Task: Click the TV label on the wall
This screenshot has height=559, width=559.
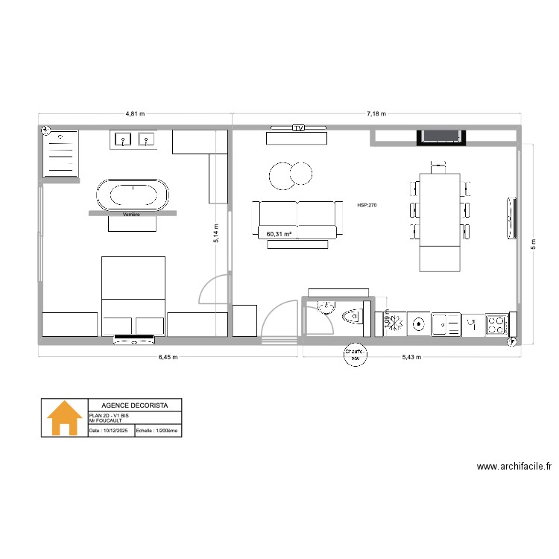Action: point(298,128)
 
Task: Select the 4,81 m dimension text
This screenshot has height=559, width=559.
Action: point(135,114)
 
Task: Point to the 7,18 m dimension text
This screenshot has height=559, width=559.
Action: point(376,114)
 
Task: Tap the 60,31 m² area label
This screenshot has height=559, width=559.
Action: point(278,234)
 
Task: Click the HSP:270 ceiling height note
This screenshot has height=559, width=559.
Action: point(367,204)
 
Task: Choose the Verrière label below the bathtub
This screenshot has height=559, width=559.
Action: point(133,215)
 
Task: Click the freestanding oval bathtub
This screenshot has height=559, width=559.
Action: point(133,195)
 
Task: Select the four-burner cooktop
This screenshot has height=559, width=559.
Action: point(496,324)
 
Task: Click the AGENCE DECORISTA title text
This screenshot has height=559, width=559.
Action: point(135,405)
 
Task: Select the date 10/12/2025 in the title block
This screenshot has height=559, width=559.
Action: point(109,431)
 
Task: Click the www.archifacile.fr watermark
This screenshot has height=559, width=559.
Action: point(514,467)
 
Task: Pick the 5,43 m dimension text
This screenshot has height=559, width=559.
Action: point(411,357)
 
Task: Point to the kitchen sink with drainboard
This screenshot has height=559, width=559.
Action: point(446,323)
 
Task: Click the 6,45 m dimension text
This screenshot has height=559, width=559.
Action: point(168,357)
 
